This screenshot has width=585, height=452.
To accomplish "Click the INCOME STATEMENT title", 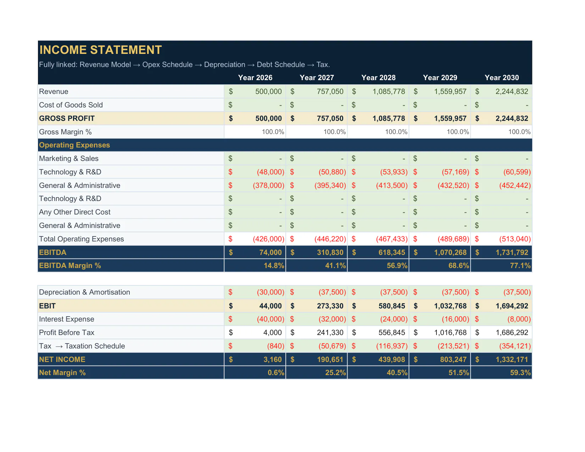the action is [x=100, y=50].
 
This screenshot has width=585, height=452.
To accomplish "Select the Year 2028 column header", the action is [x=378, y=78].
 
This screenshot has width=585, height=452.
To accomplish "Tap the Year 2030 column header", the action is [x=502, y=78].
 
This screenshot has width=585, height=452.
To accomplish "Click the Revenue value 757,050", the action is [x=330, y=91].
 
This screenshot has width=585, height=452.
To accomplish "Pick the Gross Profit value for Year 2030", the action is [x=512, y=118].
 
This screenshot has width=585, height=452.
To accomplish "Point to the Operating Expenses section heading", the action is [x=74, y=145].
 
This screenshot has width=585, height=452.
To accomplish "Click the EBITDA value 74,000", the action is [x=271, y=252].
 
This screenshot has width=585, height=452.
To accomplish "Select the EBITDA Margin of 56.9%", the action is [x=397, y=266].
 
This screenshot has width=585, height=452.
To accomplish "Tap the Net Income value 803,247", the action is [x=453, y=359].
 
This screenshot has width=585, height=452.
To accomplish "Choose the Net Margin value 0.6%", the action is [x=276, y=373].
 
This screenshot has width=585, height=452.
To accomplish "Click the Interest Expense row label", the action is [x=67, y=319].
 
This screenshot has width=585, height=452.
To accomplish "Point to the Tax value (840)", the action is [x=276, y=346].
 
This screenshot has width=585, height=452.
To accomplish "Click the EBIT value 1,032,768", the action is [x=450, y=306].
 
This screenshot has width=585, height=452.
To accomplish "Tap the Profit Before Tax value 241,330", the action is [x=330, y=333].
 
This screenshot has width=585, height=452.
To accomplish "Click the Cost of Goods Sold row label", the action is [x=71, y=105].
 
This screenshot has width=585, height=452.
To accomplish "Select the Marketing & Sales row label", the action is [x=69, y=158].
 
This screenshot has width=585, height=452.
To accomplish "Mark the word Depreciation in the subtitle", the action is [x=224, y=65].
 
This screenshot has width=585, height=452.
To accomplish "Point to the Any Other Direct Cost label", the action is [x=74, y=212].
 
